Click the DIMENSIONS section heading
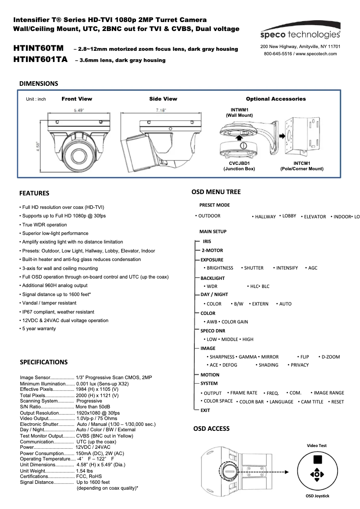pos(38,84)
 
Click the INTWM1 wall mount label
pos(240,112)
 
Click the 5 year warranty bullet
pos(38,329)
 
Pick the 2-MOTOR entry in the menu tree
pos(212,251)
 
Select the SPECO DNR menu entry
pos(213,331)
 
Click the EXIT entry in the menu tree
pos(205,410)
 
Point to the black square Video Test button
pos(317,459)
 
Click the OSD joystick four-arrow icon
pos(317,474)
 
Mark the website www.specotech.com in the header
pos(316,53)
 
